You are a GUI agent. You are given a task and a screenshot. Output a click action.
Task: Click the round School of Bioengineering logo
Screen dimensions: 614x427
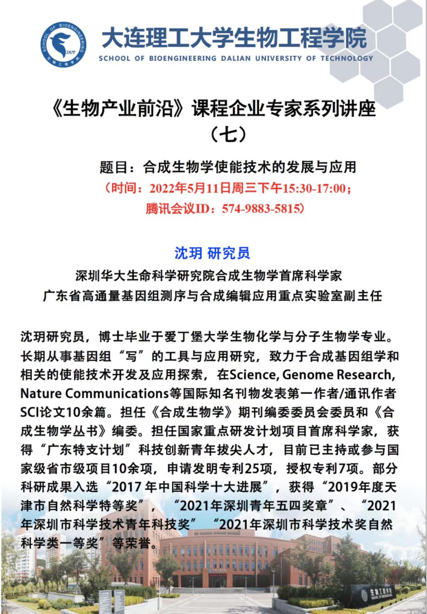(63, 44)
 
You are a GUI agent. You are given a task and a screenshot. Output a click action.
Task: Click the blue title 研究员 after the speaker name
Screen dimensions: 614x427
(229, 253)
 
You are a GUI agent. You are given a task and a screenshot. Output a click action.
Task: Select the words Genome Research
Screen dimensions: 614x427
(337, 375)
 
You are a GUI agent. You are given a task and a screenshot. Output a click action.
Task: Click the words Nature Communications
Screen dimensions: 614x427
(94, 394)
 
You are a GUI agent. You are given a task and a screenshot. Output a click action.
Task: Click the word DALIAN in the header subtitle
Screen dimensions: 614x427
(235, 59)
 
